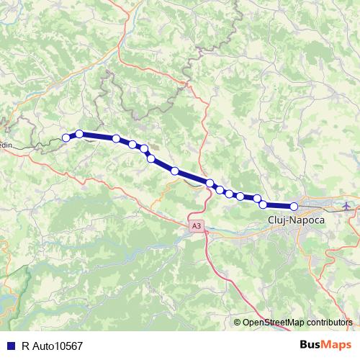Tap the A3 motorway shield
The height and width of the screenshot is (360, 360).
click(197, 226)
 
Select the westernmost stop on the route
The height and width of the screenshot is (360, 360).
click(66, 138)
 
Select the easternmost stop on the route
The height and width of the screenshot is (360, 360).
click(294, 206)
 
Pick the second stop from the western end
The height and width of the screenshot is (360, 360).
click(79, 134)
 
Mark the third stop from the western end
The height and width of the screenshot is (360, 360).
click(116, 138)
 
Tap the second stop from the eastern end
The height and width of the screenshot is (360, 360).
click(264, 204)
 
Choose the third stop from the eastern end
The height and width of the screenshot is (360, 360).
click(256, 198)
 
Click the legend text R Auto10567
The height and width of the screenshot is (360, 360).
click(52, 346)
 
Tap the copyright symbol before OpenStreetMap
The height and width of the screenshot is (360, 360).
click(237, 323)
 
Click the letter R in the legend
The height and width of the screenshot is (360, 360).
click(25, 346)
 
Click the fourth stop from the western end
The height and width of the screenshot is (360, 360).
click(132, 145)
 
